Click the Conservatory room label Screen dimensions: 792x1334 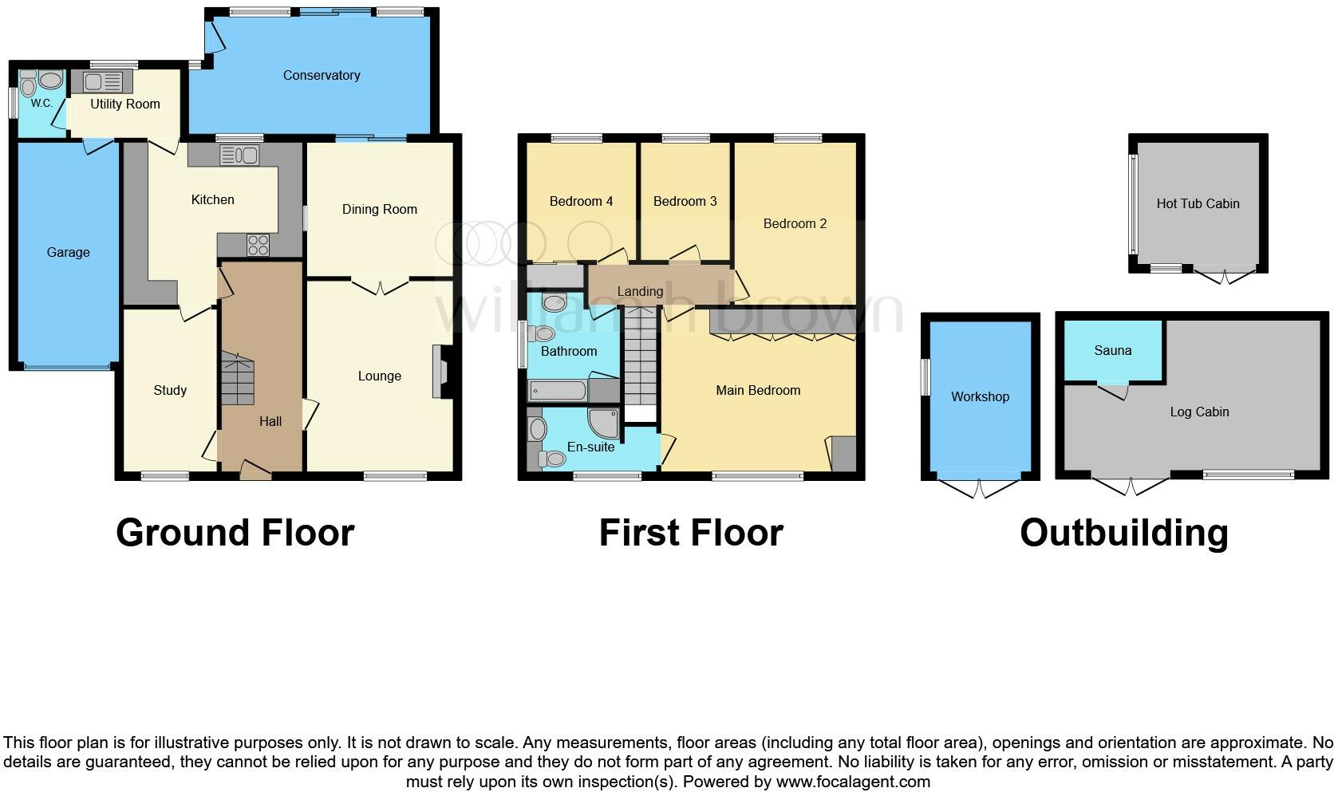tap(322, 75)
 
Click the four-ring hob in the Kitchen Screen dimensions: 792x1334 tap(258, 245)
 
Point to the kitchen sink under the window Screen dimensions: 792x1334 tap(239, 155)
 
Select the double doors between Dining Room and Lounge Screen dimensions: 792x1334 tap(380, 286)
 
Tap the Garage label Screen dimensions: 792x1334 tap(68, 252)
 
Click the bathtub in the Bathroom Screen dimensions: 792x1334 tap(558, 391)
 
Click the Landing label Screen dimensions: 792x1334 tap(640, 291)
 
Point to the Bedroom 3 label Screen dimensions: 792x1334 tap(685, 201)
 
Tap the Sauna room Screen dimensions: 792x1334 tap(1112, 351)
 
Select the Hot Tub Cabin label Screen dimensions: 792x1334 tap(1198, 203)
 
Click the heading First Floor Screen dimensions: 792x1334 tap(691, 533)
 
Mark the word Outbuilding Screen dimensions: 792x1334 tap(1123, 533)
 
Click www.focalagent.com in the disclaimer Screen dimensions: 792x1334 tap(853, 781)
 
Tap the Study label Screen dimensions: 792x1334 tap(170, 390)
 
